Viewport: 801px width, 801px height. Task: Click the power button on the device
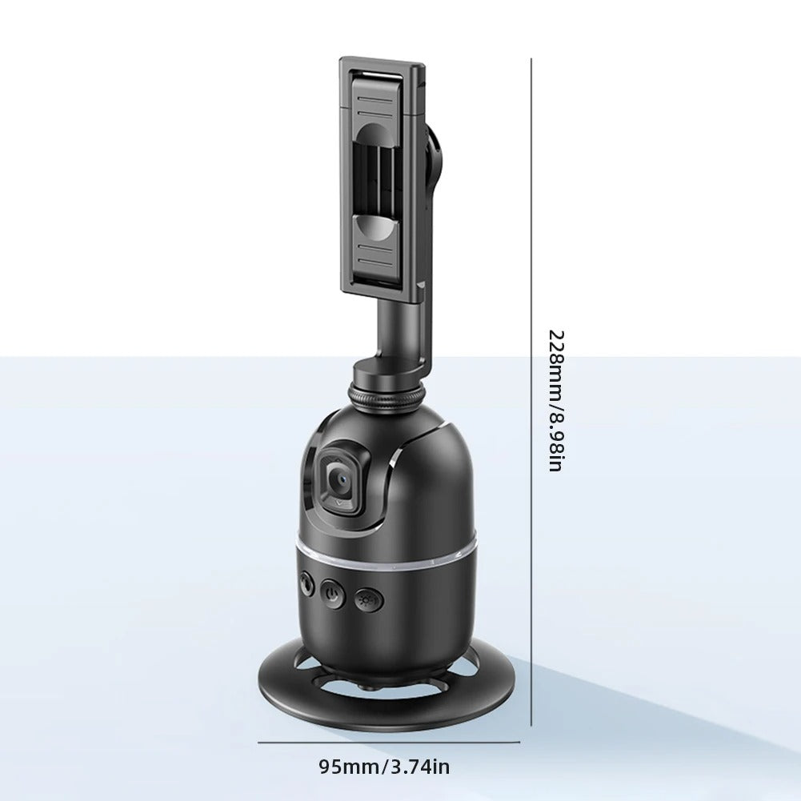333,594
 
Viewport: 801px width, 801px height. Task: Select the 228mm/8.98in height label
556,400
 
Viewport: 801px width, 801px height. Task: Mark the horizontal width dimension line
389,743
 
